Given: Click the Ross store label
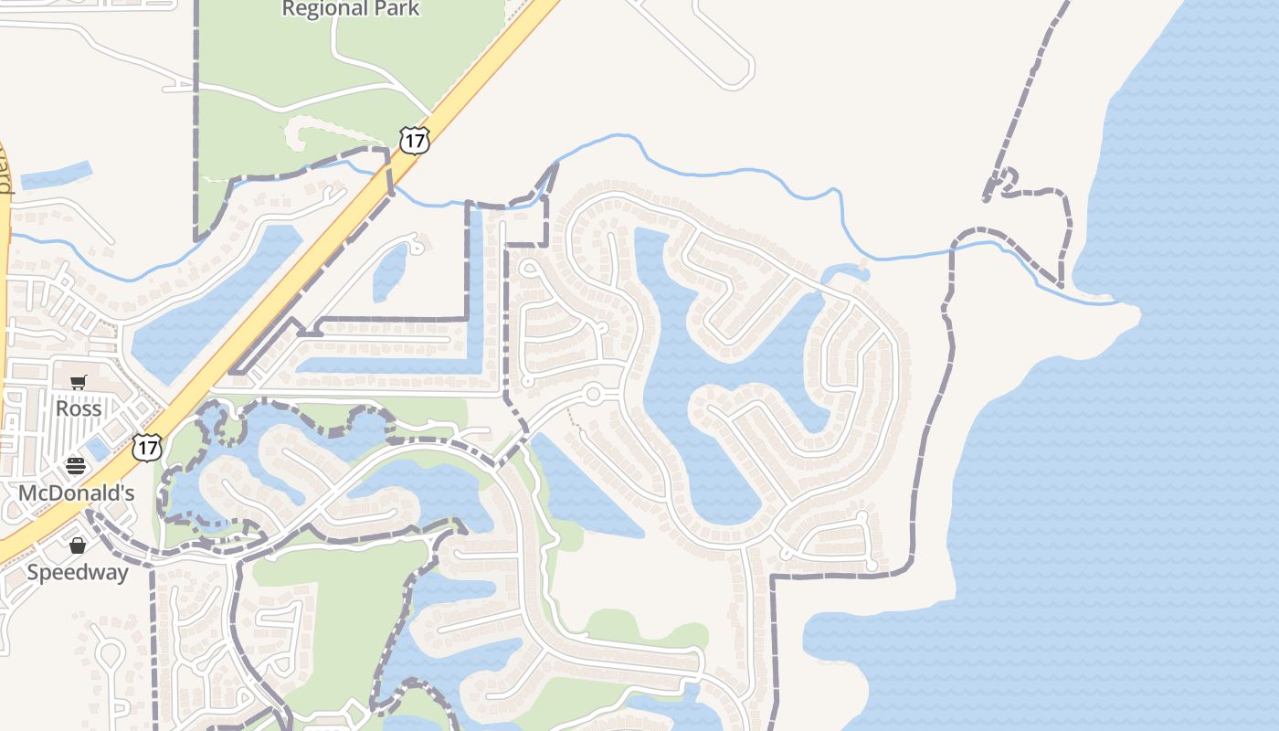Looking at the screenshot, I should click(79, 408).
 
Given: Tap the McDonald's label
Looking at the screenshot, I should click(77, 493).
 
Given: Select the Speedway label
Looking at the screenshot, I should click(78, 573).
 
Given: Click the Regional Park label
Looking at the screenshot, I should click(351, 9).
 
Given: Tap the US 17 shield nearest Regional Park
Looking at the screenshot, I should click(414, 140).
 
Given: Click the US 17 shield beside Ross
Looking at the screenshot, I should click(146, 447).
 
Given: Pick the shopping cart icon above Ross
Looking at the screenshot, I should click(78, 383).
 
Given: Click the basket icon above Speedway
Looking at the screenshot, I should click(78, 546).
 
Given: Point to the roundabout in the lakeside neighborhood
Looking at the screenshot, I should click(593, 395).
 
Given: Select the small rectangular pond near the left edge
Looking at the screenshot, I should click(57, 175).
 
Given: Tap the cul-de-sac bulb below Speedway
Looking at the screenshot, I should click(110, 654).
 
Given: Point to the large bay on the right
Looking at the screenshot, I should click(1142, 411).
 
